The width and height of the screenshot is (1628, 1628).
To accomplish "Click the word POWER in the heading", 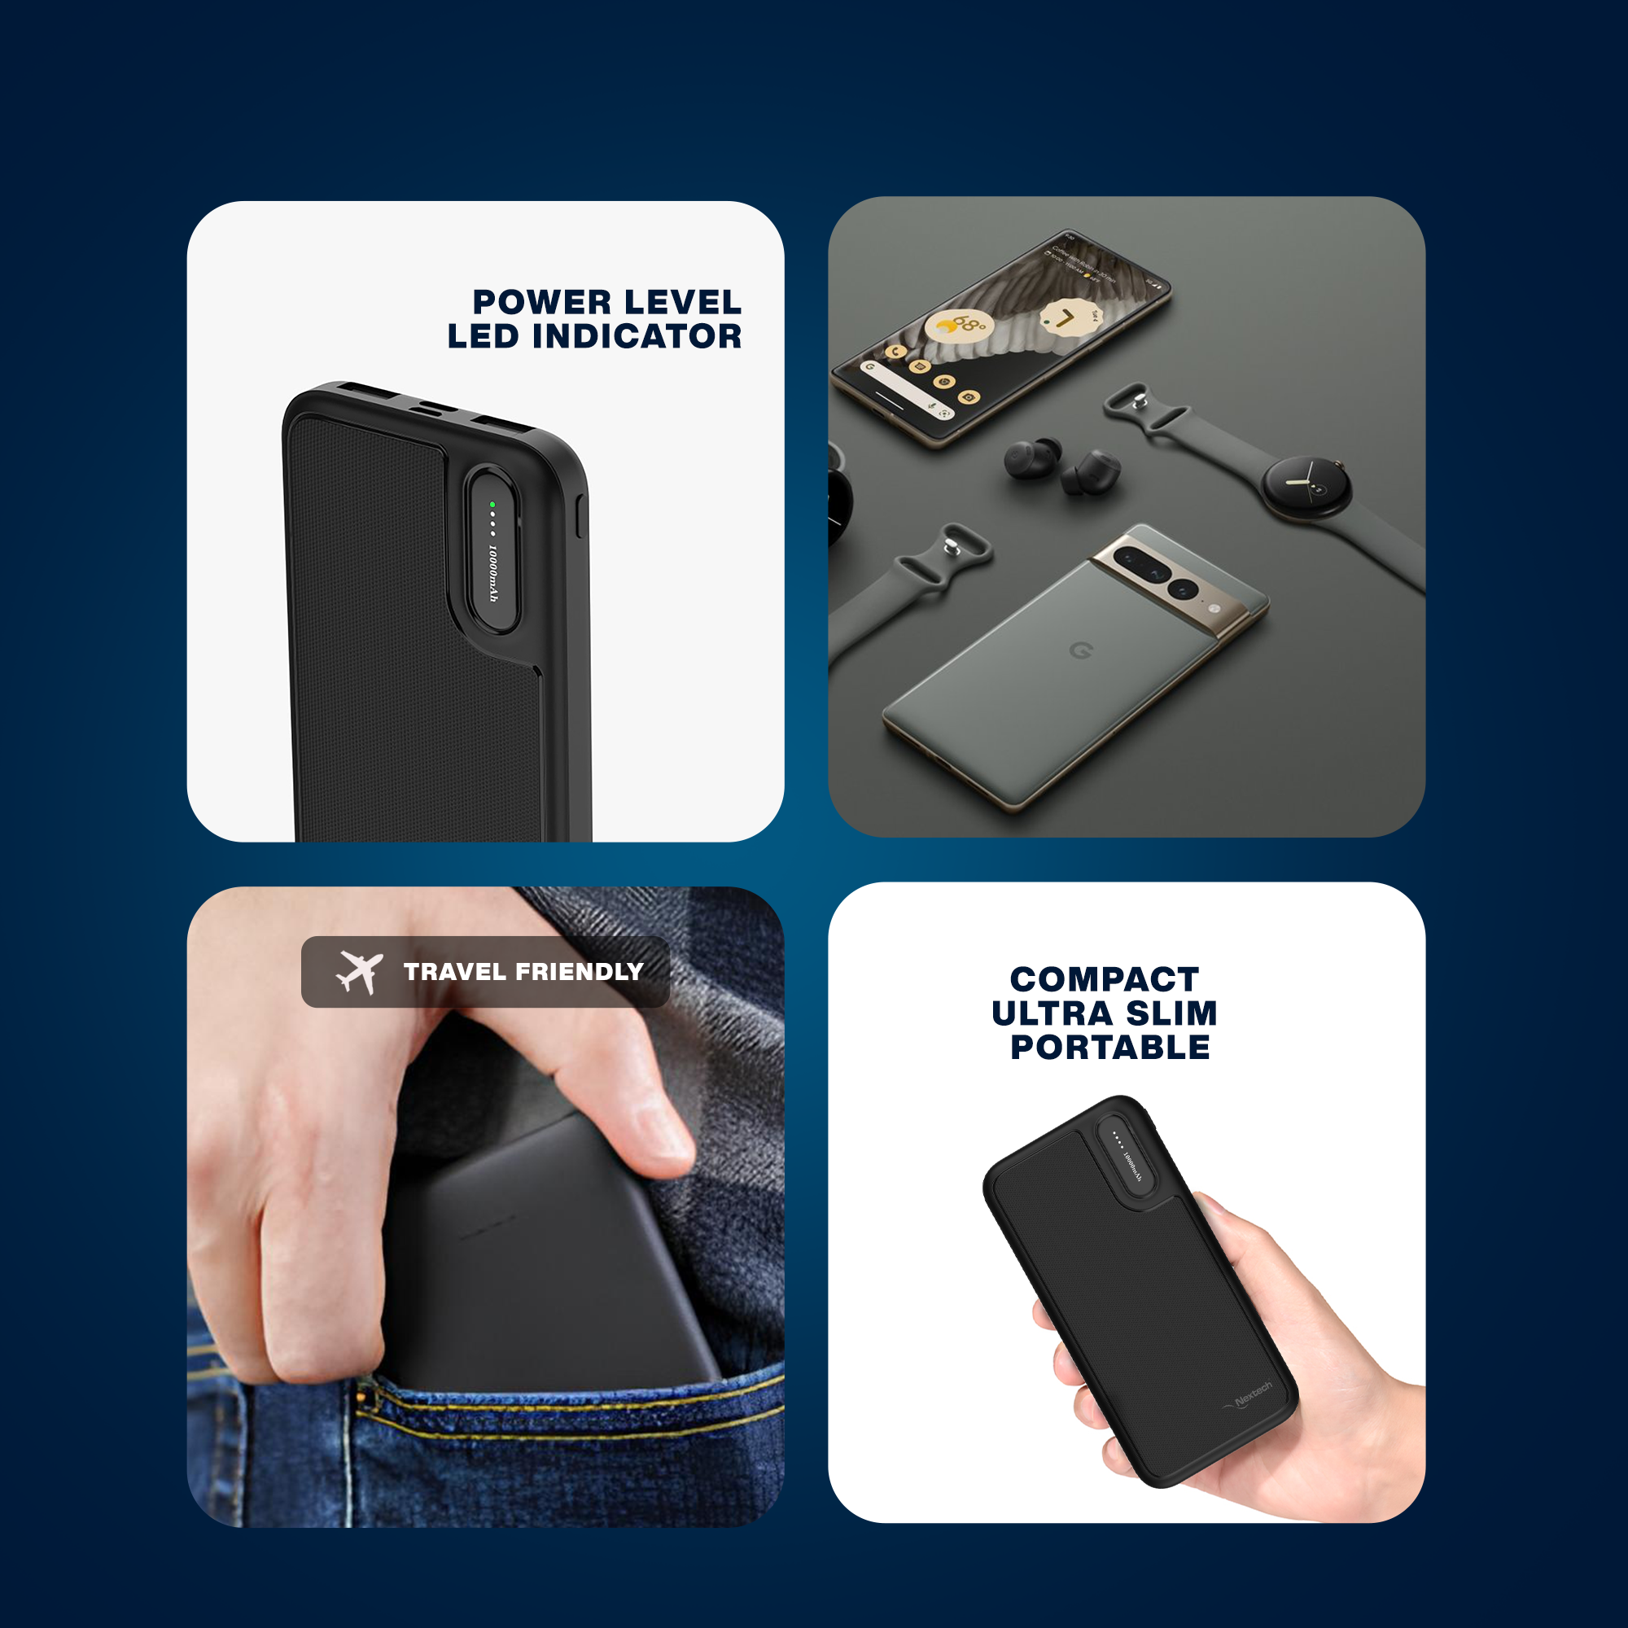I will tap(542, 302).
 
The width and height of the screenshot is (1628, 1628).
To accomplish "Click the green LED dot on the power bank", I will tap(492, 505).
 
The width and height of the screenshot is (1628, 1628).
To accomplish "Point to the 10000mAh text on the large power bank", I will tap(493, 573).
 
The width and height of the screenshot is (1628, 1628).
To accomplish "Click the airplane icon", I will tap(360, 972).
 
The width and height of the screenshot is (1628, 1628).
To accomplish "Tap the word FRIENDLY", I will tap(579, 972).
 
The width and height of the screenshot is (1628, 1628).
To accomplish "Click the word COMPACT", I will tap(1104, 979).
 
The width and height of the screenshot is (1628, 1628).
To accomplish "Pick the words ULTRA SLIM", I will tap(1104, 1013).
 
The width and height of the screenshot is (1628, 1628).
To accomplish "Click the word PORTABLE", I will tap(1109, 1048).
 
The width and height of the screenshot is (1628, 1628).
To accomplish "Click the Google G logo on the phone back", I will tap(1081, 650).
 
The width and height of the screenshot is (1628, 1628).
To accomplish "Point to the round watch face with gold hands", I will tap(1306, 484).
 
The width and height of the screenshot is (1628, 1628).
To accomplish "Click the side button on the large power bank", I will tap(579, 517).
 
